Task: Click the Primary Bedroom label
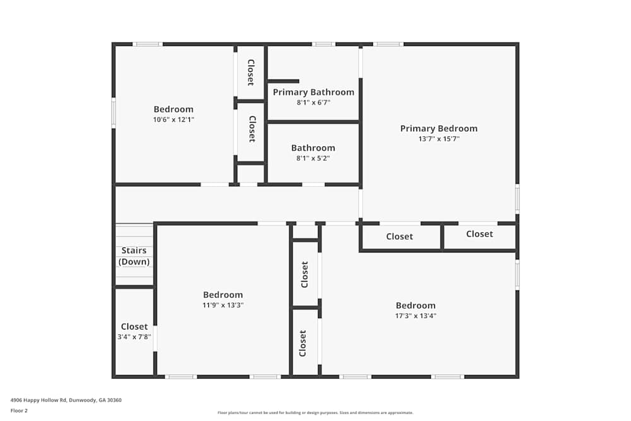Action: [439, 129]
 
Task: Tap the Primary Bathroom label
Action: [314, 92]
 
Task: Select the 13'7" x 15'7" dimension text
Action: [439, 139]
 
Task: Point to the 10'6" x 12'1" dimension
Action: [174, 119]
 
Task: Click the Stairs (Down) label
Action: [134, 256]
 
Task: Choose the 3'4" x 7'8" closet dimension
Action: [134, 337]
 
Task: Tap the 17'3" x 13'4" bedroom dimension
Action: [416, 316]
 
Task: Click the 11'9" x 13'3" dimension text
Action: [223, 305]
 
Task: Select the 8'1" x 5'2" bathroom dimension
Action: [313, 158]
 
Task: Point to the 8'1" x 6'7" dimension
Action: [314, 102]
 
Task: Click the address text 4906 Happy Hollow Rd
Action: [38, 400]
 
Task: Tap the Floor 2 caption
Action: [19, 410]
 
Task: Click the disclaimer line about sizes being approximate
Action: [315, 413]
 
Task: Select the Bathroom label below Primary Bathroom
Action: [313, 148]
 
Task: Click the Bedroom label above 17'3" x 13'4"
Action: [416, 305]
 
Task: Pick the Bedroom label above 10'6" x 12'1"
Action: [174, 109]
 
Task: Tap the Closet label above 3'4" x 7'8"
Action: [134, 326]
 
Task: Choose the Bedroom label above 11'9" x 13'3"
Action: [223, 295]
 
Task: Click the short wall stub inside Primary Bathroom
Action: [283, 81]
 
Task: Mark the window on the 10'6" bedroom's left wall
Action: [114, 113]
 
